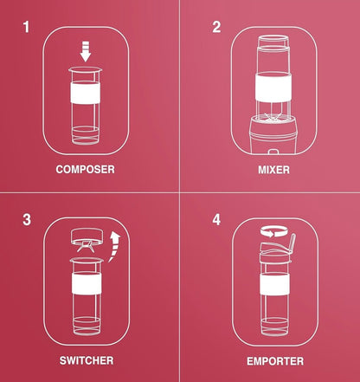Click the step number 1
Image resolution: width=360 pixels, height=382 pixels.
click(x=26, y=27)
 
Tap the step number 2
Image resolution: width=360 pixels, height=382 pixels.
click(x=216, y=27)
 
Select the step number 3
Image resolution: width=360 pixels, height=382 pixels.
click(x=27, y=220)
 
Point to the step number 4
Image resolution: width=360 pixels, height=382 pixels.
click(x=216, y=220)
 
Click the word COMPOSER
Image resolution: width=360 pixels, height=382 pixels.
click(x=86, y=169)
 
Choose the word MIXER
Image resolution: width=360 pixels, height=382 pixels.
click(x=273, y=170)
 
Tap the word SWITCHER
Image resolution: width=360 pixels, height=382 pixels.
click(x=87, y=360)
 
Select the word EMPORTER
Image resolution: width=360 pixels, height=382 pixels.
click(x=275, y=361)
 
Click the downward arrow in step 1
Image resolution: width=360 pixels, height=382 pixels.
click(x=86, y=51)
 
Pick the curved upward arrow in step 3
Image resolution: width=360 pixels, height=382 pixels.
click(x=115, y=246)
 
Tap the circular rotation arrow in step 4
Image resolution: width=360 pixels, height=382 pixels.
click(x=273, y=231)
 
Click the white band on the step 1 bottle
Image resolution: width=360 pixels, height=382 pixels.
click(x=86, y=93)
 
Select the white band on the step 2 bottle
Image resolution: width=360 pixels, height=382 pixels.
click(x=273, y=87)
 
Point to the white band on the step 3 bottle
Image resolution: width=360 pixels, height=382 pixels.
click(x=87, y=283)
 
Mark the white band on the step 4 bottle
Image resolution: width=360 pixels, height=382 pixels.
click(x=274, y=284)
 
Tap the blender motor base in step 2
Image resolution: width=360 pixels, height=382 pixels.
click(x=273, y=134)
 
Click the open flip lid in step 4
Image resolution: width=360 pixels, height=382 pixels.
click(x=292, y=245)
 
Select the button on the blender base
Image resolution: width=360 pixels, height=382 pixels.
click(x=273, y=151)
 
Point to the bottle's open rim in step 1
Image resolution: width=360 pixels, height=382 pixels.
click(x=86, y=69)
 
